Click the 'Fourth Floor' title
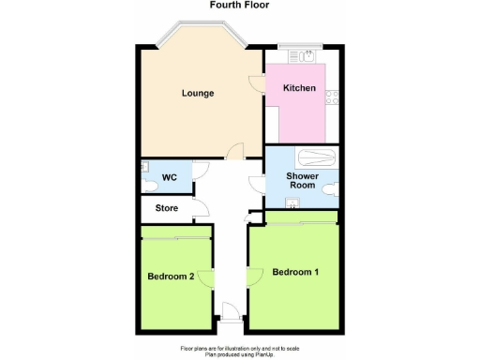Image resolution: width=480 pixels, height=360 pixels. [x=239, y=5]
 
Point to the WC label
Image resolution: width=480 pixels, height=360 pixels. [x=169, y=177]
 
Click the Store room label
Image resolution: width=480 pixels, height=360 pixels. [x=167, y=208]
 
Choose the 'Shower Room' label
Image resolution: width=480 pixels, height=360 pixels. [x=301, y=180]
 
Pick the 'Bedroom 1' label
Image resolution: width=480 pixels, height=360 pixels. [x=296, y=273]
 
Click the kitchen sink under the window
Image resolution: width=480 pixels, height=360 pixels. [x=291, y=57]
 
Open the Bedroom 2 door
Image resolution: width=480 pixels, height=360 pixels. [x=212, y=277]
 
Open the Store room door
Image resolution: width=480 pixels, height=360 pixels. [x=200, y=207]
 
